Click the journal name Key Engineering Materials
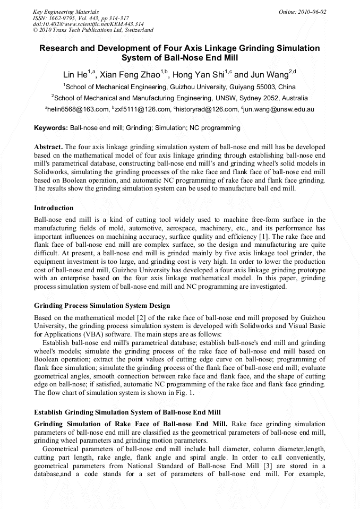click(66, 12)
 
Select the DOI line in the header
click(88, 24)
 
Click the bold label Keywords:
click(51, 128)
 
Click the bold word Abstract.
click(48, 146)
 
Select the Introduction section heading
click(54, 208)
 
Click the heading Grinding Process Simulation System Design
click(102, 306)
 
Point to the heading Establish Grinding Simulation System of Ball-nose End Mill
click(127, 412)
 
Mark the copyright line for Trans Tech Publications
click(93, 30)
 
